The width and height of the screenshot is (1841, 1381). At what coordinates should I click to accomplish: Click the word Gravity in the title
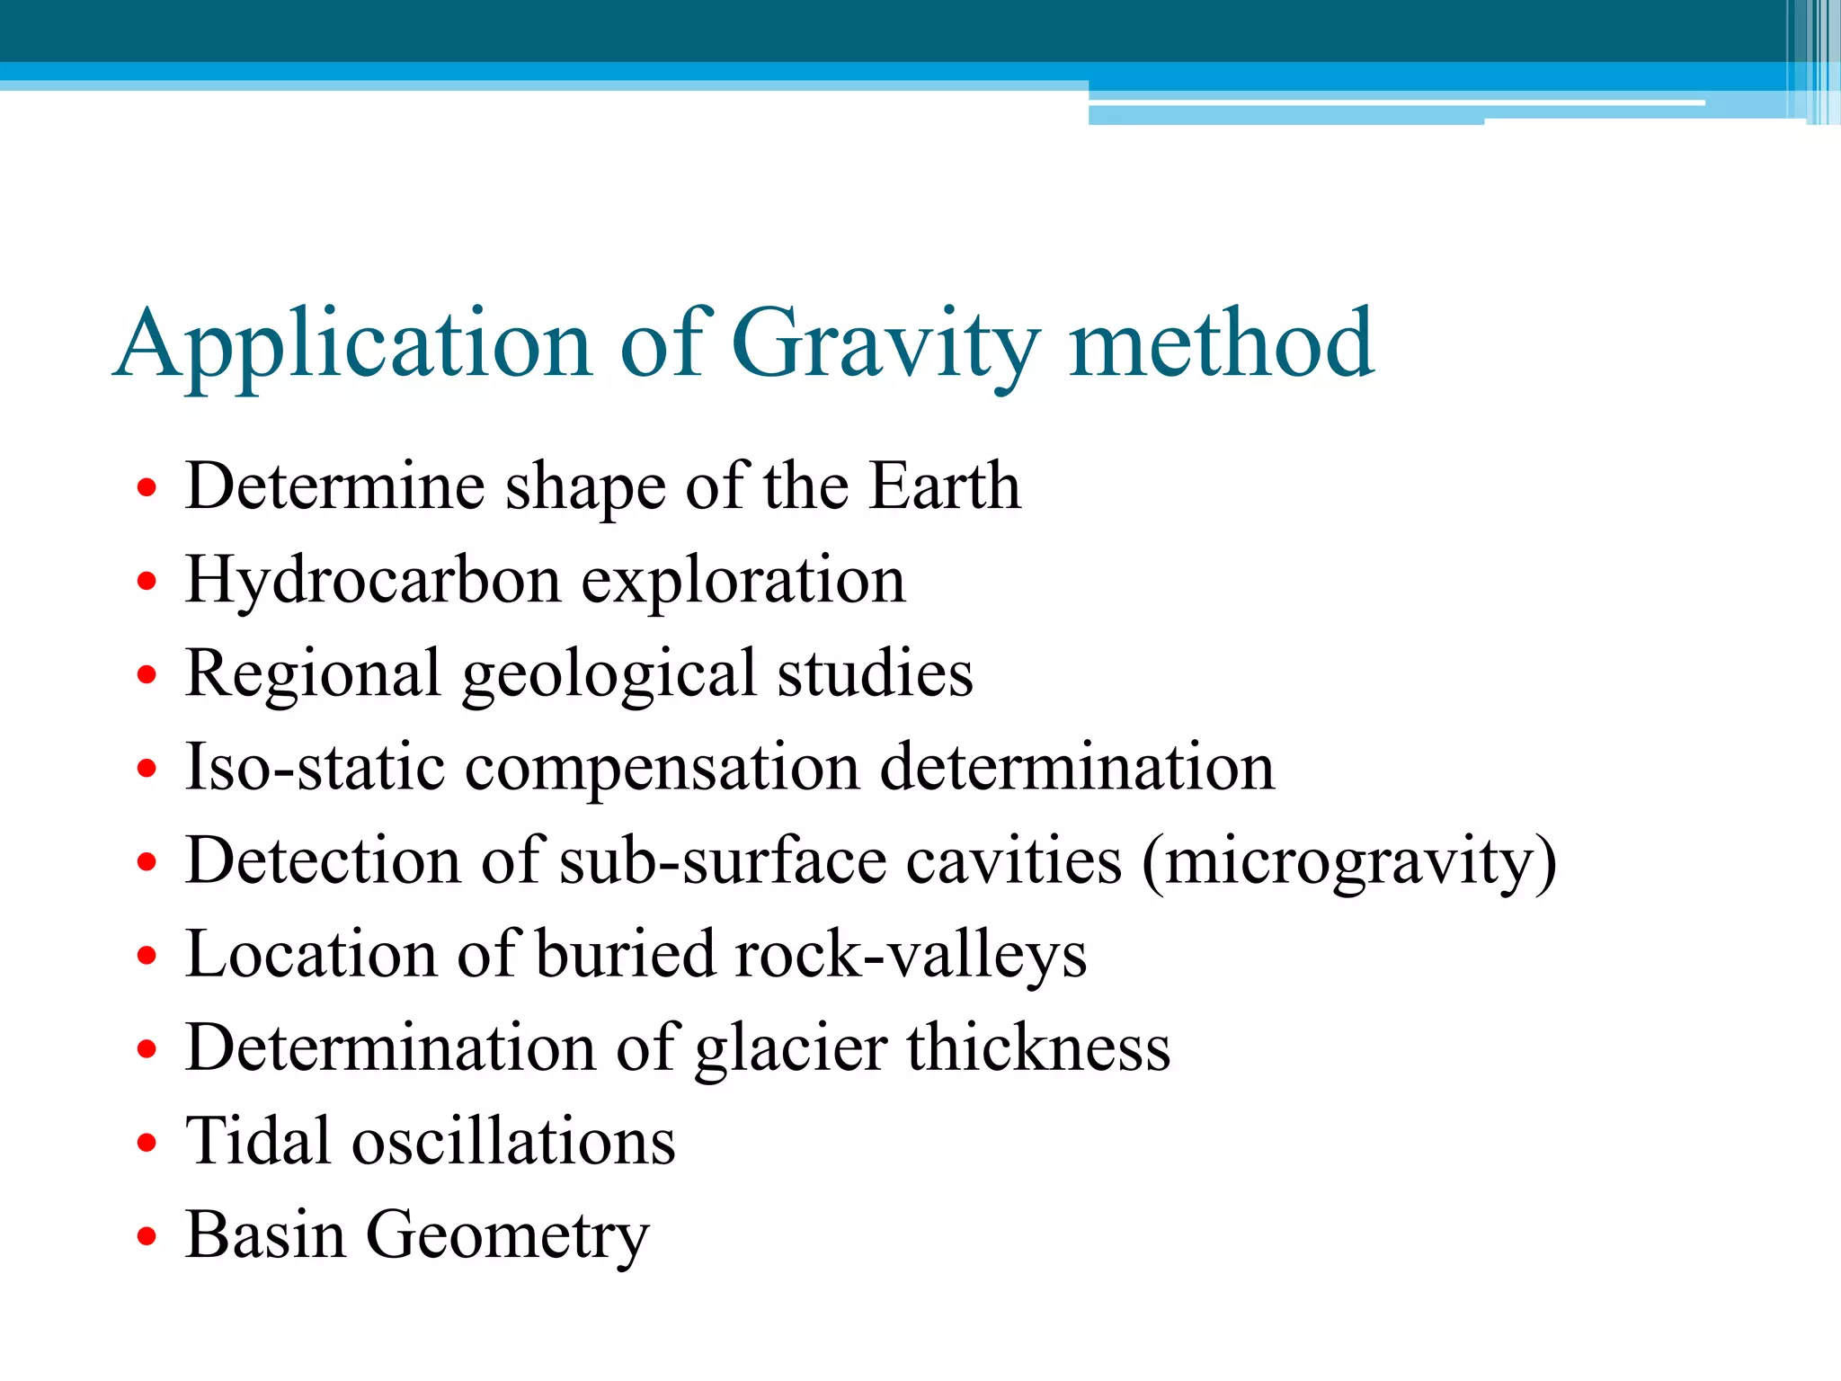(x=885, y=346)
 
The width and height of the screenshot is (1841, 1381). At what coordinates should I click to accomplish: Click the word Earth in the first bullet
(x=945, y=486)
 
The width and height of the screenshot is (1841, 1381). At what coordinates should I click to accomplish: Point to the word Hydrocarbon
(x=373, y=581)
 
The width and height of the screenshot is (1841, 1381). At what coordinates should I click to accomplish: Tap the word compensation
(x=662, y=769)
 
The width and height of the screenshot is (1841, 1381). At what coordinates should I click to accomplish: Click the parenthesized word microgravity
(x=1349, y=862)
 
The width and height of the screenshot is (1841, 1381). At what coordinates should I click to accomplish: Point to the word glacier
(x=791, y=1049)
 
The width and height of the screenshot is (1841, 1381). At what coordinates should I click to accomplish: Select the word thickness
(x=1038, y=1048)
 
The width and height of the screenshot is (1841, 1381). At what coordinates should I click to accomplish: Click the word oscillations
(x=513, y=1142)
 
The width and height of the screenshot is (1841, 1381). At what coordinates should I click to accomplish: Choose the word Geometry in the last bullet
(x=507, y=1237)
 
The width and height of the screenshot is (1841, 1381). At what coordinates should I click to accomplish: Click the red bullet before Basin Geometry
(x=147, y=1237)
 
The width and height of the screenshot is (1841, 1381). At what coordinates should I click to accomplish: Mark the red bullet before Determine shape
(x=147, y=488)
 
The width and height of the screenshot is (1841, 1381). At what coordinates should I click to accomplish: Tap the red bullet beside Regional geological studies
(x=147, y=675)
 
